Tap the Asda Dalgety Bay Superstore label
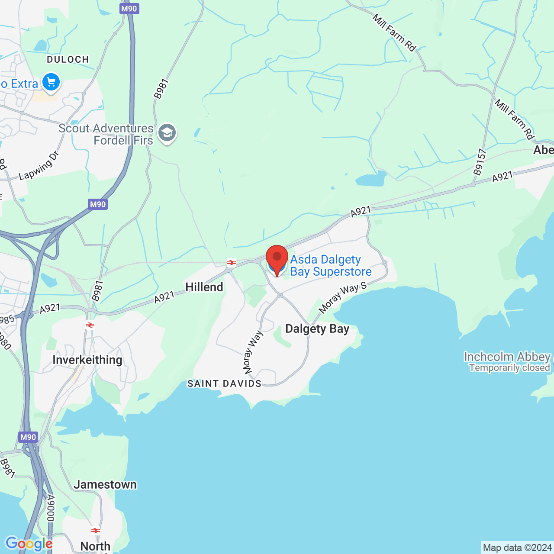(331, 265)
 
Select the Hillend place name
(204, 287)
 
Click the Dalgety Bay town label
(317, 329)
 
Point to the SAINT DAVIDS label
(224, 383)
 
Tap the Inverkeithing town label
(87, 360)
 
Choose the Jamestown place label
(105, 484)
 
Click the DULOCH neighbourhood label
(68, 59)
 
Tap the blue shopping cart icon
(51, 82)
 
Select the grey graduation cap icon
(167, 133)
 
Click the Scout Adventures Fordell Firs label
(106, 134)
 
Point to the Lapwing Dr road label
(39, 166)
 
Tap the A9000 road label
(51, 508)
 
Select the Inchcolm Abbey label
(507, 357)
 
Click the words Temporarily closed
(509, 368)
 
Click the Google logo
(29, 544)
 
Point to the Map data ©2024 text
(517, 548)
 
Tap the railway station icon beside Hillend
(232, 262)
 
